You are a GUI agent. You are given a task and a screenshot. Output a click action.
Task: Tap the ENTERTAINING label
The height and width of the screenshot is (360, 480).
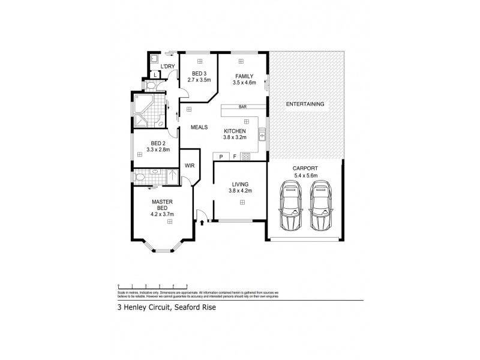tap(305, 104)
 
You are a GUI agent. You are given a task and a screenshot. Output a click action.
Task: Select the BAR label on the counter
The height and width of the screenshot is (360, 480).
tap(244, 107)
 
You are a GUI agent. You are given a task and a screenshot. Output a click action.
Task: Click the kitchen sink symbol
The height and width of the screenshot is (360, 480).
tap(262, 134)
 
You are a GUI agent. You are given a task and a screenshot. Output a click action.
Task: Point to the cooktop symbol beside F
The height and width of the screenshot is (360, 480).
tap(245, 157)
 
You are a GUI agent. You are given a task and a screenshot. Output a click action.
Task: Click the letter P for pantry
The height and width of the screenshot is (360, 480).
tap(221, 157)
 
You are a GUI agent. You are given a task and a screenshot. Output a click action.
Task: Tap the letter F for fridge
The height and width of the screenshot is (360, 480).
tap(234, 157)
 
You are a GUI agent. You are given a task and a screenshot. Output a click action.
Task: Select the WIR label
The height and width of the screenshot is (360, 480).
tap(189, 166)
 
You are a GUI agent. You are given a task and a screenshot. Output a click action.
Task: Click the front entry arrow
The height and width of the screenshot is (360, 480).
tap(202, 223)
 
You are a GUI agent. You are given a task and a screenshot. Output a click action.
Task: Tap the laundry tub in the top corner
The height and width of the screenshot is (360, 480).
tap(153, 59)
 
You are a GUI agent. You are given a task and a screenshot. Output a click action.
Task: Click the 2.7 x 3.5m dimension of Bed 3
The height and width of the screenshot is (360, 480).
tap(200, 79)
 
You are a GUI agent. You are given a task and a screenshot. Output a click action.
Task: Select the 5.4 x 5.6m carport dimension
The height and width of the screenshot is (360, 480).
tap(305, 175)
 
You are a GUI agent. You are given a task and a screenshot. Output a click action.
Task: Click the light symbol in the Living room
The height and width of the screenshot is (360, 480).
tap(242, 203)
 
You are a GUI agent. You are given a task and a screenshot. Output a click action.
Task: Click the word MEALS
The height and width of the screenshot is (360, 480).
tap(199, 127)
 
